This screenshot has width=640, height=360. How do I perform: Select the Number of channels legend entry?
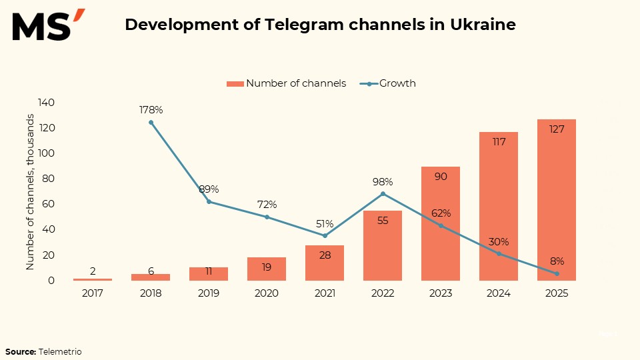[287, 83]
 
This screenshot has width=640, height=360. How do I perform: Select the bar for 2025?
[557, 200]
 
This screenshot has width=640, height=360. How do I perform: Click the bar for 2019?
[209, 274]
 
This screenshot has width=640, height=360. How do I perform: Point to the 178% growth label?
[151, 109]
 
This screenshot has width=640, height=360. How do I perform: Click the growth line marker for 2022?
[383, 194]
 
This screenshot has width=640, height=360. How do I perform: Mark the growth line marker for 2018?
[151, 123]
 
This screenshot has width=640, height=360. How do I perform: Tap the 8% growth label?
[557, 261]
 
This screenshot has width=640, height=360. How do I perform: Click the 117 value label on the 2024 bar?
[499, 141]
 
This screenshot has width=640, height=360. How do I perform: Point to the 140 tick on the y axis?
[46, 103]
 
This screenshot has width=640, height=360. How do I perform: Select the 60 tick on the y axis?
[49, 204]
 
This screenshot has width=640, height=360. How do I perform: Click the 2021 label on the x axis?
[325, 293]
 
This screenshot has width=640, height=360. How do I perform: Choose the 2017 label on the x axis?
[93, 293]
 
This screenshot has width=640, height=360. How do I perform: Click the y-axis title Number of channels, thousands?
[30, 192]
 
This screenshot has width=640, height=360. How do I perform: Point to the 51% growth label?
[325, 223]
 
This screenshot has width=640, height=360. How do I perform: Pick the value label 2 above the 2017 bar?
[93, 271]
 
